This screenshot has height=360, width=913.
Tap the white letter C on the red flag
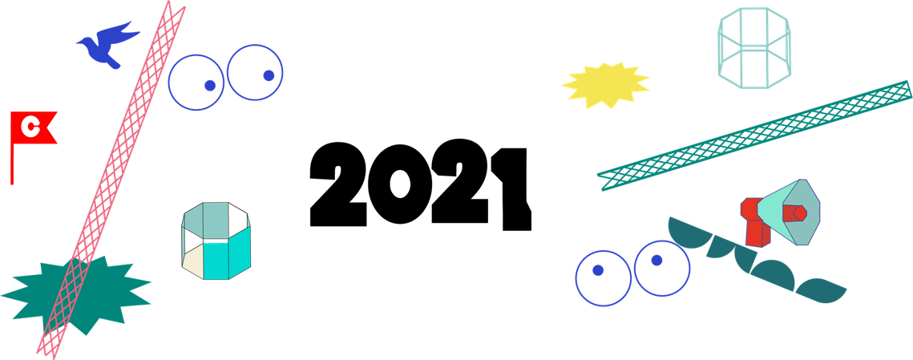pos(29,127)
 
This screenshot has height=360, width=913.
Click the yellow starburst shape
pos(605,85)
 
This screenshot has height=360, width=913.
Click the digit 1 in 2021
pos(511,188)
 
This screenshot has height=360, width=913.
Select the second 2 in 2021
pos(460,181)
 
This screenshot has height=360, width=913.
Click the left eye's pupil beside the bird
pos(210,85)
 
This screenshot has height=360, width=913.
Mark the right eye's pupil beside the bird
pos(269,75)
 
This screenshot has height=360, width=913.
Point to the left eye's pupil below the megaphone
pos(597,270)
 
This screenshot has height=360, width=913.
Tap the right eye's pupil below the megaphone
pos(656,261)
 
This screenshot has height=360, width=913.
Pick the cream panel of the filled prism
pos(192,262)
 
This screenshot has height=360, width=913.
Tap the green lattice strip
pos(754,136)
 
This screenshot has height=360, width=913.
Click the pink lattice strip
pos(111,177)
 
